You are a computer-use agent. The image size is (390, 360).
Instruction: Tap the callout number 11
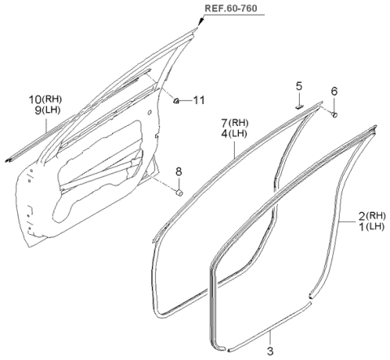click(x=199, y=100)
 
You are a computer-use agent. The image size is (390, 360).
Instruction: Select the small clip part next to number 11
click(x=176, y=100)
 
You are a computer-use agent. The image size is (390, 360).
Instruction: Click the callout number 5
click(x=298, y=85)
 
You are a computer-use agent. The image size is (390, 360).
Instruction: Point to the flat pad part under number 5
click(x=298, y=103)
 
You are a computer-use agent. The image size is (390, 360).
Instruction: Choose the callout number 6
click(x=334, y=92)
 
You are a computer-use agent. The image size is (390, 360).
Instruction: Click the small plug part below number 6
click(x=334, y=115)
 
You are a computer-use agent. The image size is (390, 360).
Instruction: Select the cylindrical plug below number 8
click(x=180, y=193)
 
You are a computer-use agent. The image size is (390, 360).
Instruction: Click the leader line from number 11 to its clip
click(x=187, y=100)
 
